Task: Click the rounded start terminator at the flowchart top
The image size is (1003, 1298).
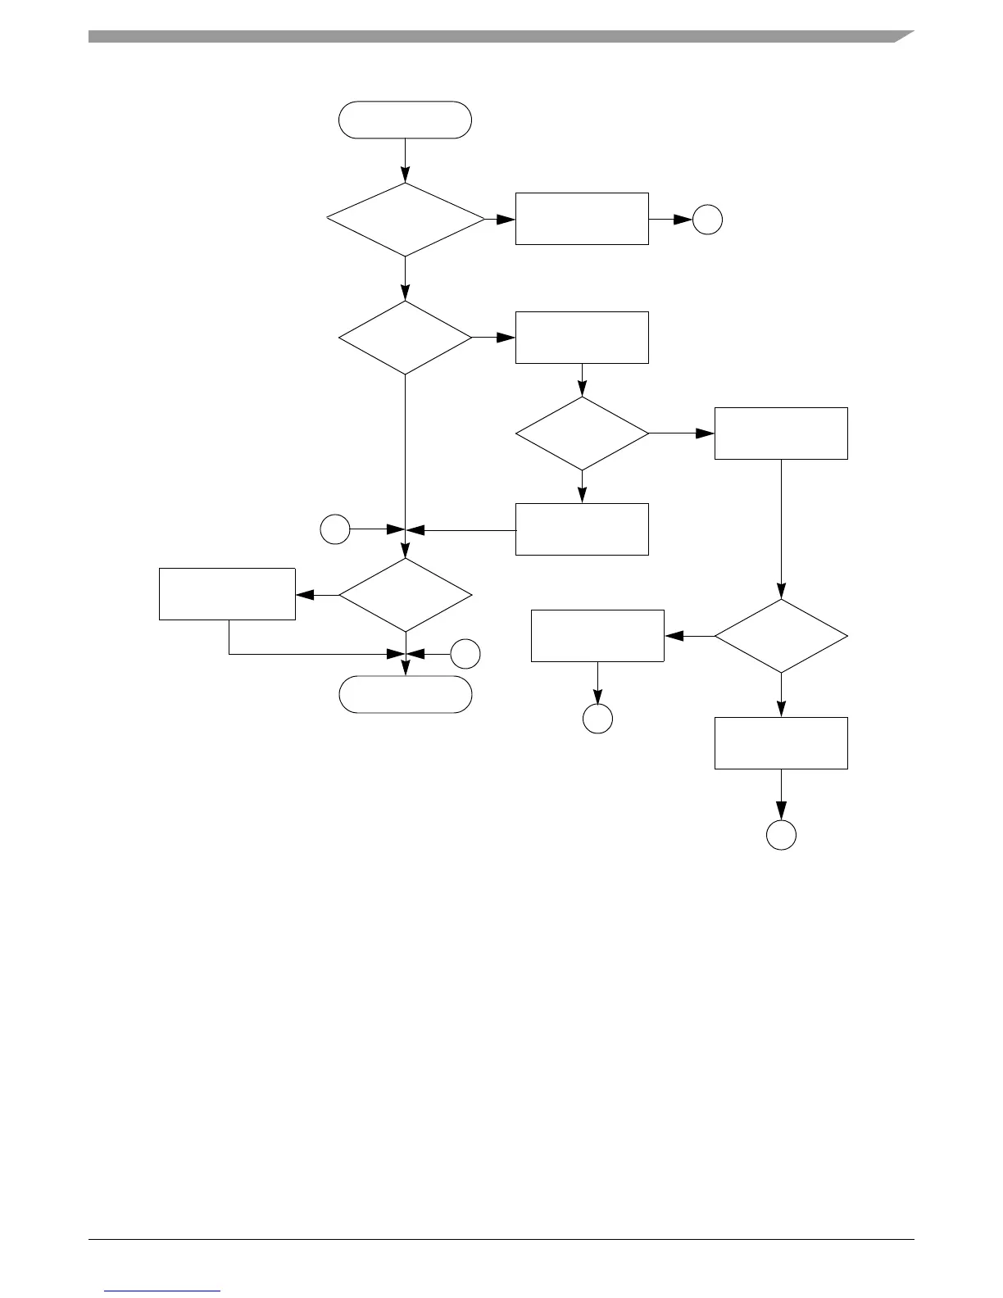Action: point(406,120)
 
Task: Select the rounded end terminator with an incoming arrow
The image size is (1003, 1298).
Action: point(406,694)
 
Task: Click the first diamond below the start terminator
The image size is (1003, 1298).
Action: point(406,220)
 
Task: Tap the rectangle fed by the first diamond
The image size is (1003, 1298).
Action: point(582,219)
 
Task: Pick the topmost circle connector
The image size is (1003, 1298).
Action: point(707,220)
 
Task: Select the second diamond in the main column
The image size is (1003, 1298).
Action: point(406,338)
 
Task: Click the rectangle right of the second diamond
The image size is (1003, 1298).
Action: point(582,337)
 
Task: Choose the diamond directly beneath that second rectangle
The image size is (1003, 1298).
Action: point(582,433)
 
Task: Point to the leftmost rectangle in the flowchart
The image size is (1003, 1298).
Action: point(227,593)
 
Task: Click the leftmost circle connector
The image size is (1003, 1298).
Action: point(334,529)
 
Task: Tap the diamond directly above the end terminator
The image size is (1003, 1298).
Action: point(406,594)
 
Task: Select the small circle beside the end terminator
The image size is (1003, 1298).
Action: point(465,654)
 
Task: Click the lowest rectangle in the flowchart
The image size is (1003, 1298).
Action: point(781,742)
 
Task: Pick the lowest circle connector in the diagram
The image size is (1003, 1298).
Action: point(781,834)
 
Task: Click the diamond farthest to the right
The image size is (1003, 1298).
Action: point(781,636)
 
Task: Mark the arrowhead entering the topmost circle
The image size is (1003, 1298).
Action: point(683,220)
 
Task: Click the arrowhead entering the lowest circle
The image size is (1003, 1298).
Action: point(781,812)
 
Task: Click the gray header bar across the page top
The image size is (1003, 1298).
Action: point(492,36)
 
